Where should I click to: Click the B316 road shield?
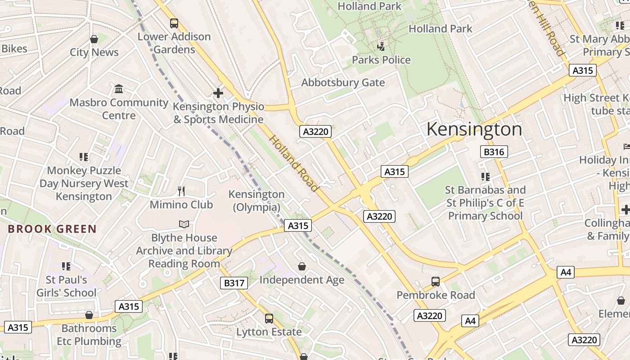coord(494,152)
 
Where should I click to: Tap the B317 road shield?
coord(234,283)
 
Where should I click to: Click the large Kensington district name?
coord(474,130)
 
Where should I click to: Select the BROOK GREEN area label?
coord(52,229)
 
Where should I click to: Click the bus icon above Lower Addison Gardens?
coord(174,23)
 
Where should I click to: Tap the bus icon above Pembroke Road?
coord(436,282)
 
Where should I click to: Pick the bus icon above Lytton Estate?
coord(269,319)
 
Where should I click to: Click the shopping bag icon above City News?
coord(94,39)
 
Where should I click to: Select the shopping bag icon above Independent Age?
coord(302,266)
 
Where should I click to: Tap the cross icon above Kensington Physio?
coord(218,93)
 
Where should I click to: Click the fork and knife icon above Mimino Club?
coord(181,191)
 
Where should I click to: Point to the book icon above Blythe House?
coord(184,224)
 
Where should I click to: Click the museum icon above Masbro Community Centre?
coord(119,89)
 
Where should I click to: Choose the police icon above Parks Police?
coord(381,46)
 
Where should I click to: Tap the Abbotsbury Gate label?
coord(343,83)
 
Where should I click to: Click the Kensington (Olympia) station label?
coord(256,201)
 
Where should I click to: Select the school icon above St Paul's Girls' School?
coord(66,266)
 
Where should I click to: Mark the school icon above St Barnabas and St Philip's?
coord(485,176)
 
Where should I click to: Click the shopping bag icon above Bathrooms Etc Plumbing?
coord(89,315)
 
